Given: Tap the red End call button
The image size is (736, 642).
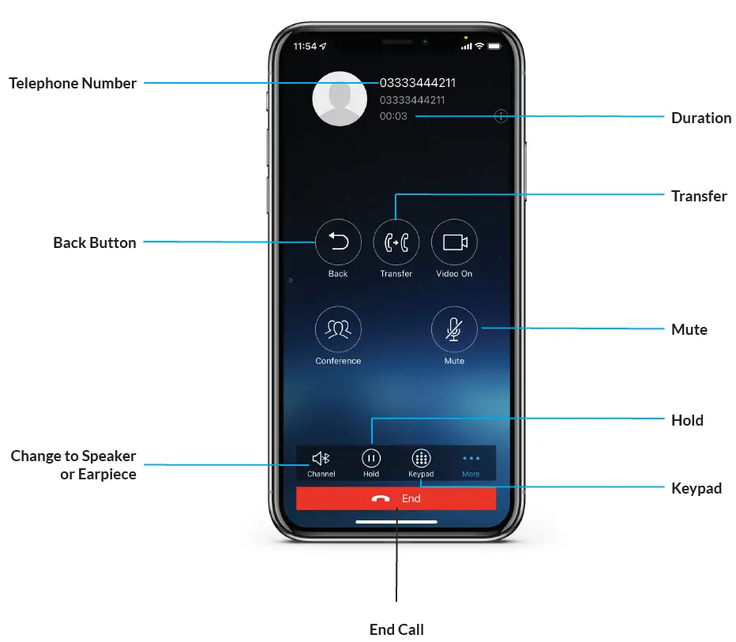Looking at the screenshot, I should tap(396, 499).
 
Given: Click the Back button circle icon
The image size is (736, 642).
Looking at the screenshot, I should tap(338, 242).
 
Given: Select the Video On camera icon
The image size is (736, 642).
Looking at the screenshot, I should tap(454, 242).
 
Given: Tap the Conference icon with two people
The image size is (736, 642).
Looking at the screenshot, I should tap(338, 329).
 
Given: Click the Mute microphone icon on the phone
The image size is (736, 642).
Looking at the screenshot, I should tap(454, 329).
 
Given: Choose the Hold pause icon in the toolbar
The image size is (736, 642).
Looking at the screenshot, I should tap(371, 458).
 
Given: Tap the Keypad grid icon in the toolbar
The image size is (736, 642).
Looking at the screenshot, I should tap(421, 458).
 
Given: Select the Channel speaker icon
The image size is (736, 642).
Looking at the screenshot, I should tap(321, 458).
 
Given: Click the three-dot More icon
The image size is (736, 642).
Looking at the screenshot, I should tap(471, 458).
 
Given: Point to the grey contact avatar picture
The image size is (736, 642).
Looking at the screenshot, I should tap(340, 99).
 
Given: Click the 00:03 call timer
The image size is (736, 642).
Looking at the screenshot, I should tap(393, 116).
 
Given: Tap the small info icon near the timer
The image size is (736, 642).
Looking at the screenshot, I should tap(501, 116).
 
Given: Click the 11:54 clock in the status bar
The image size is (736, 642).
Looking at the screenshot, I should tap(304, 47).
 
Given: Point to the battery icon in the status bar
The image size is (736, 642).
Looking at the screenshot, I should tap(495, 47).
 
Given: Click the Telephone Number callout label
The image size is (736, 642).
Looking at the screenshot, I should tap(73, 83).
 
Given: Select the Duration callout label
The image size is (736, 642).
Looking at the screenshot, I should tap(700, 118).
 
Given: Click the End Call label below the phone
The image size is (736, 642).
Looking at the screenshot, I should tap(396, 629).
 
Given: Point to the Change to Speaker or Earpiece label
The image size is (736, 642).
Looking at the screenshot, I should tap(73, 465).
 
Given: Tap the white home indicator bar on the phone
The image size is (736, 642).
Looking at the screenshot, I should tap(396, 522).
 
